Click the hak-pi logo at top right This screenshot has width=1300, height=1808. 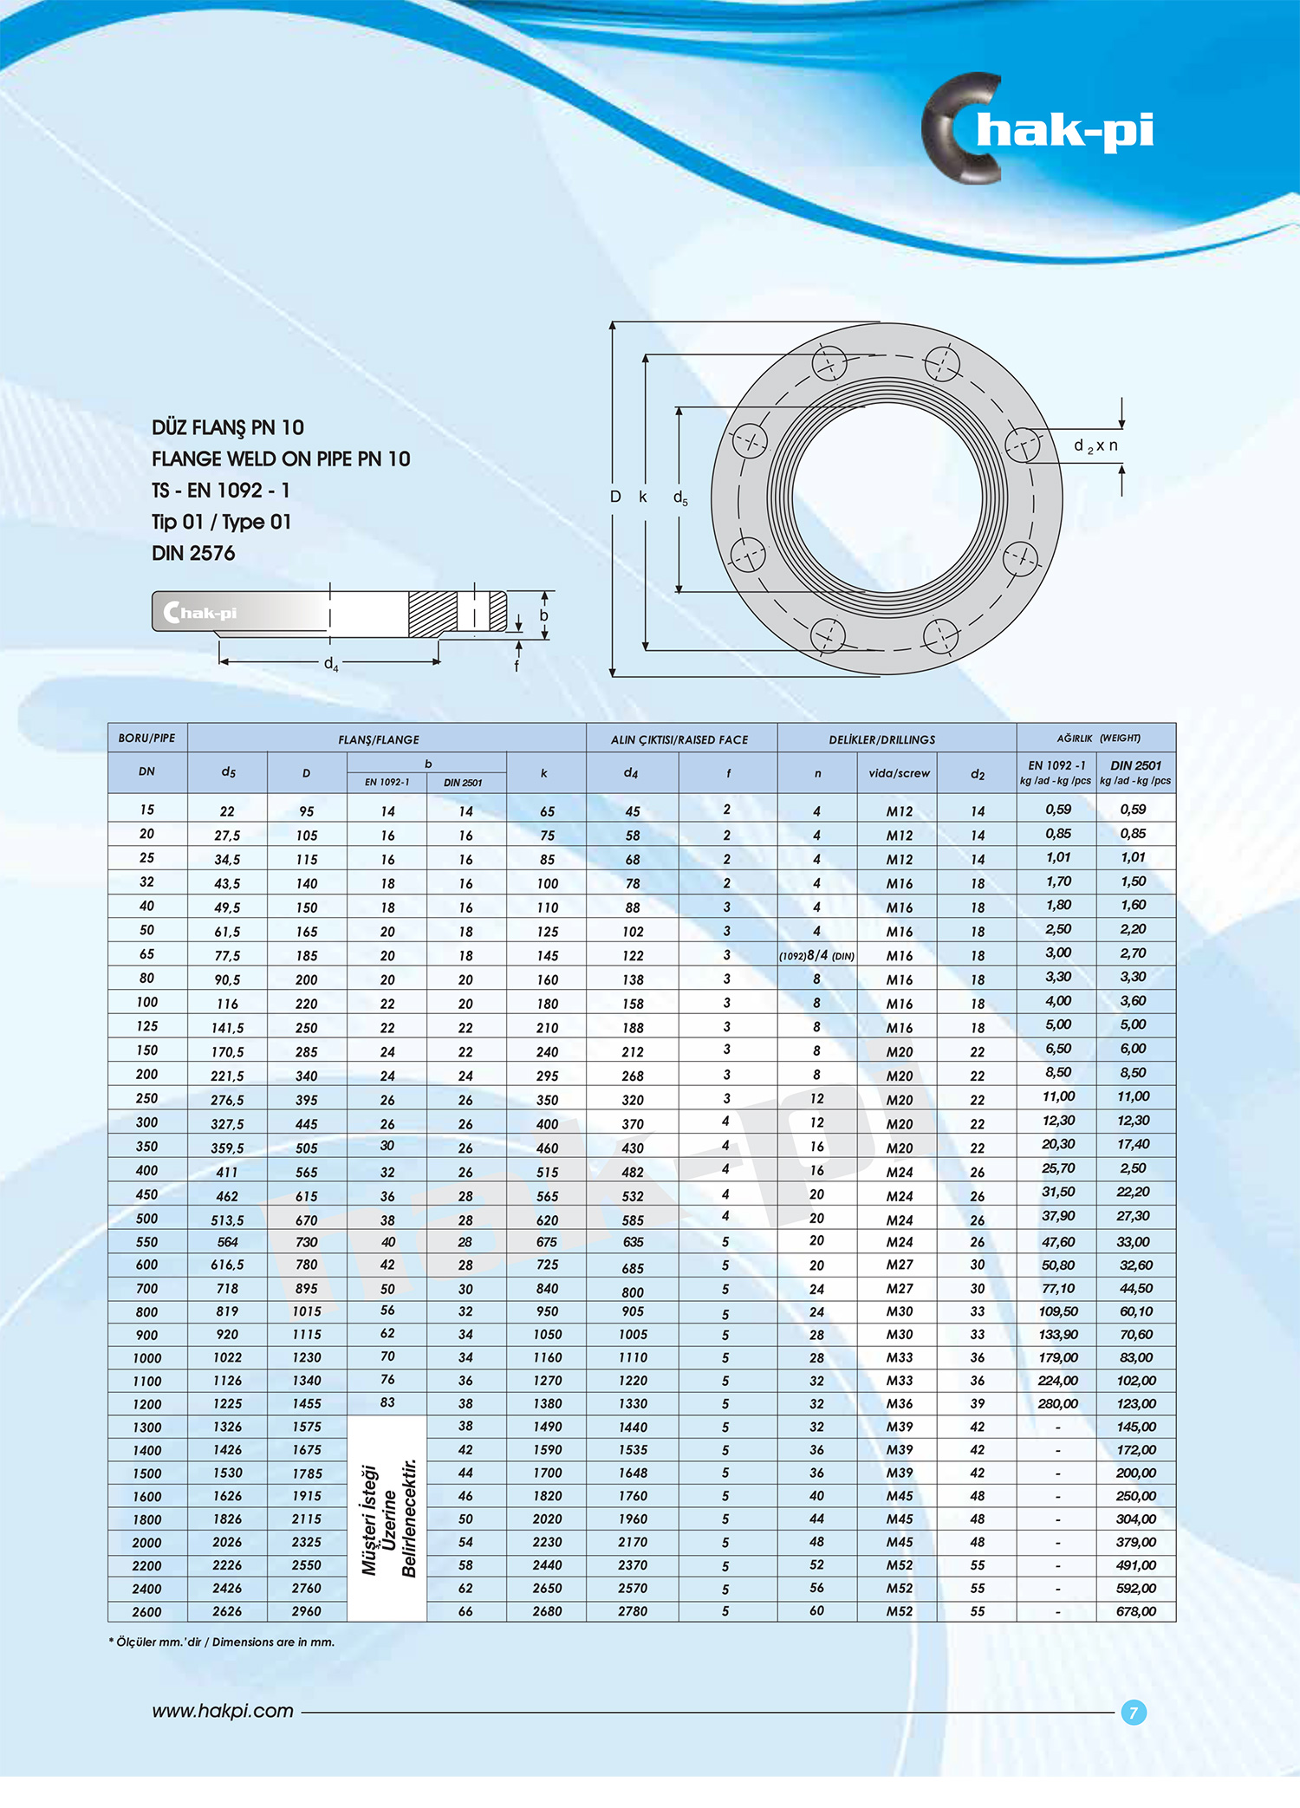point(1040,130)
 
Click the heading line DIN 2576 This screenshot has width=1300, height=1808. point(193,553)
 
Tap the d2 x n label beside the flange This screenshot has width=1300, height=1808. point(1095,445)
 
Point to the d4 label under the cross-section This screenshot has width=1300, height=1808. point(331,664)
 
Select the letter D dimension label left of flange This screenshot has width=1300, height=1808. point(615,497)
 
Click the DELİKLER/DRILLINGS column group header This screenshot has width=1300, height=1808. point(881,739)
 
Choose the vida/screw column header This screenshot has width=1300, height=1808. point(899,773)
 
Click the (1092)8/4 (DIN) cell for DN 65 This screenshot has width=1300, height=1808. point(816,955)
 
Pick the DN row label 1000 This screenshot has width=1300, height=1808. point(147,1358)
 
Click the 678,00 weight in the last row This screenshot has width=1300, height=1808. point(1136,1611)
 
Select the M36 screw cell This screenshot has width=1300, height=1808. point(900,1403)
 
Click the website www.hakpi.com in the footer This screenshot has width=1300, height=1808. point(223,1711)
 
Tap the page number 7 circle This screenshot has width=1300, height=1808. point(1134,1713)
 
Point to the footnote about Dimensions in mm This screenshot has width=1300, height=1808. point(222,1642)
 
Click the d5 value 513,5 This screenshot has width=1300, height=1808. point(227,1219)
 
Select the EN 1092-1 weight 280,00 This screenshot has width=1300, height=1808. point(1058,1403)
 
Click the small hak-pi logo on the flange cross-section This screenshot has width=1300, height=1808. point(200,613)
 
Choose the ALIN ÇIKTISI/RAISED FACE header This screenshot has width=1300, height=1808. point(679,739)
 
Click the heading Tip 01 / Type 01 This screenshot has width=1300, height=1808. point(222,522)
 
